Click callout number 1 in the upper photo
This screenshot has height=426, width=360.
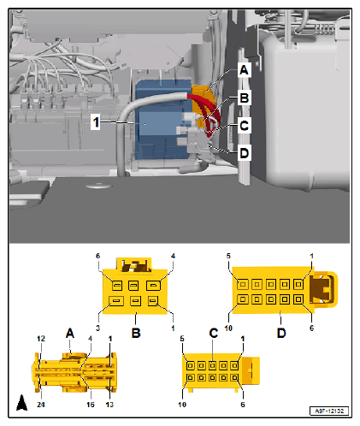point(99,122)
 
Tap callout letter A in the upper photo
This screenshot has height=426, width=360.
point(244,69)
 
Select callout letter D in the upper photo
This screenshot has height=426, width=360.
point(245,153)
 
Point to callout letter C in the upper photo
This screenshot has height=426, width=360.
point(245,126)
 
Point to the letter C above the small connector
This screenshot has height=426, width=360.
point(213,333)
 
